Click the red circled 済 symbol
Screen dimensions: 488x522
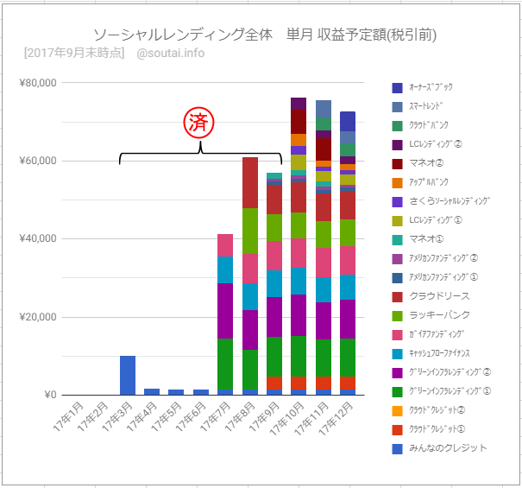pos(199,122)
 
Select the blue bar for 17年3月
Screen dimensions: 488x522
pos(128,375)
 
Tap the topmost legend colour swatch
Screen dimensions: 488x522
pos(397,87)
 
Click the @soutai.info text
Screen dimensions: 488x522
pos(170,54)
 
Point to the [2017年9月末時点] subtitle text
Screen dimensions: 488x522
pos(73,54)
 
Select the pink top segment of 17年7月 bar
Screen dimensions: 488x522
pos(225,245)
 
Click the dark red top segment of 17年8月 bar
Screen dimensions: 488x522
pos(250,182)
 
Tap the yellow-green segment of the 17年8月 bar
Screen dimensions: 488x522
pos(250,231)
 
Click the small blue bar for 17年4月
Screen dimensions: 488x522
pos(152,391)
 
